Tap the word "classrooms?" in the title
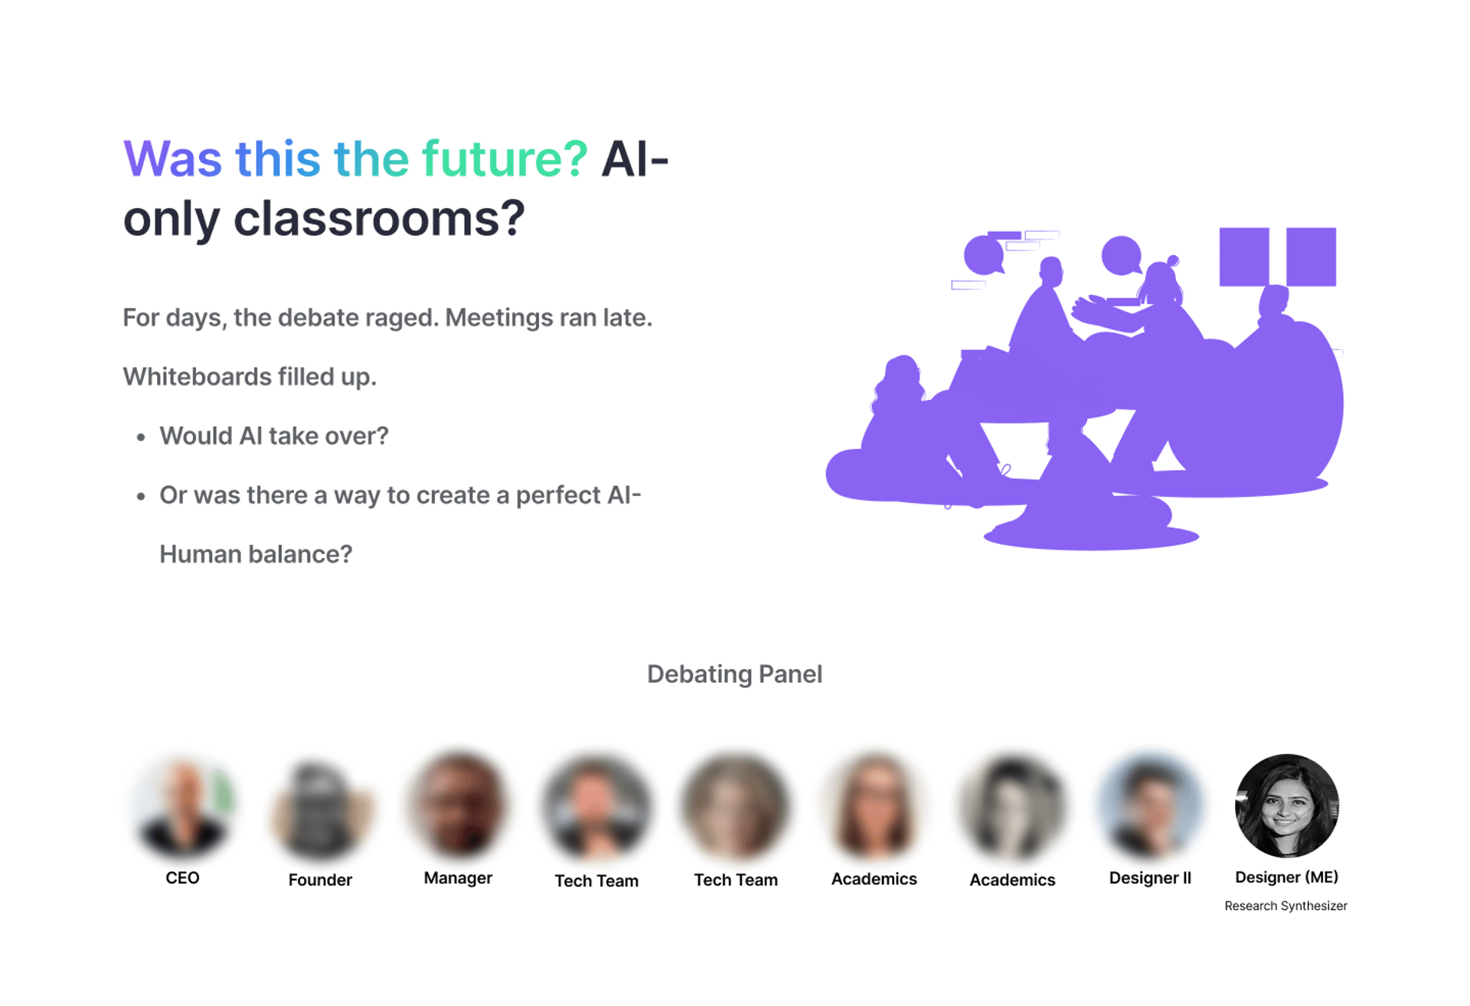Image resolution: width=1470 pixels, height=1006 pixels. [x=379, y=218]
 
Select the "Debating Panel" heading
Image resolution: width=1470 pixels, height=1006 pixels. [x=735, y=674]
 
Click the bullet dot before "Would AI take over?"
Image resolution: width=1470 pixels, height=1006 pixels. [x=141, y=438]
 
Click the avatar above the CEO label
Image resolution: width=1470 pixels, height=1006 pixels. [x=183, y=806]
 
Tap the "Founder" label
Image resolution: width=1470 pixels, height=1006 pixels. [x=320, y=880]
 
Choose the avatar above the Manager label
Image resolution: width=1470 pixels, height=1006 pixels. [x=459, y=806]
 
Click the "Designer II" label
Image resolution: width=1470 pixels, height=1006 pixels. [x=1150, y=878]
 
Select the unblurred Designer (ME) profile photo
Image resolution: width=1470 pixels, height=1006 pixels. [x=1287, y=806]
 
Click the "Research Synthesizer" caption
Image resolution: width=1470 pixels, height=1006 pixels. [x=1285, y=906]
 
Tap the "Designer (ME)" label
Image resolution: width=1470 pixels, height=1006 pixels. [x=1286, y=877]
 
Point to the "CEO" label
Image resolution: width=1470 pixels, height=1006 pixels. [x=182, y=878]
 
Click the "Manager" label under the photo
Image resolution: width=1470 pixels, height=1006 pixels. [x=458, y=878]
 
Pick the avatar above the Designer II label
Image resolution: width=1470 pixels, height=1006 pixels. [x=1151, y=806]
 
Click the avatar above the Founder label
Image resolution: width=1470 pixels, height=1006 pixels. [x=321, y=808]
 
